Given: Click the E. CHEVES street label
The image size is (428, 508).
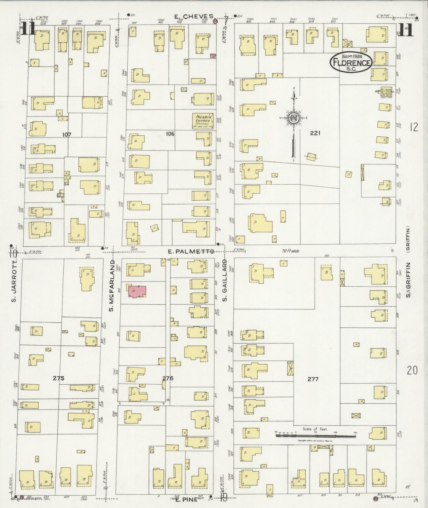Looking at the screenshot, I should tap(194, 16).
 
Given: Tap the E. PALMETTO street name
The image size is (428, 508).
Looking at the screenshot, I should tap(191, 252).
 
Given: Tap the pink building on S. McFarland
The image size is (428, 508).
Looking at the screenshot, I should tap(137, 291).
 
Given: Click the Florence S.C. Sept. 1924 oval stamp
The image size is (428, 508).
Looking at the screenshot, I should tap(351, 62).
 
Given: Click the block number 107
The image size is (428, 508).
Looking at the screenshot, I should tap(67, 135).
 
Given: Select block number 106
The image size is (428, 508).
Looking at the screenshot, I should tap(170, 134).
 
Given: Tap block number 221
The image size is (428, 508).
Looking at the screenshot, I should tap(315, 133).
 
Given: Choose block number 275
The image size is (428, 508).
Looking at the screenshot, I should tap(59, 378).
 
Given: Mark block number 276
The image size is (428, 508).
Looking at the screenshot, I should tap(168, 378).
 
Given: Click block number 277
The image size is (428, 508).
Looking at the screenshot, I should tap(313, 379).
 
